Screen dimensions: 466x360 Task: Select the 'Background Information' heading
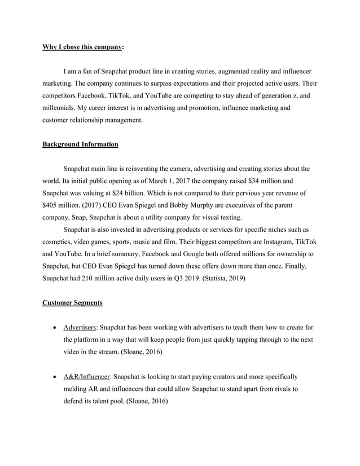(x=80, y=144)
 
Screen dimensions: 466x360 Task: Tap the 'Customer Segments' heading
(x=72, y=303)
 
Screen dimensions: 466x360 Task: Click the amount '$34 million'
(x=263, y=181)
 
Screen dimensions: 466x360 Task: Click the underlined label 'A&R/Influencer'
(x=88, y=376)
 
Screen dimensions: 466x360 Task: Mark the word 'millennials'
(x=63, y=108)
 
